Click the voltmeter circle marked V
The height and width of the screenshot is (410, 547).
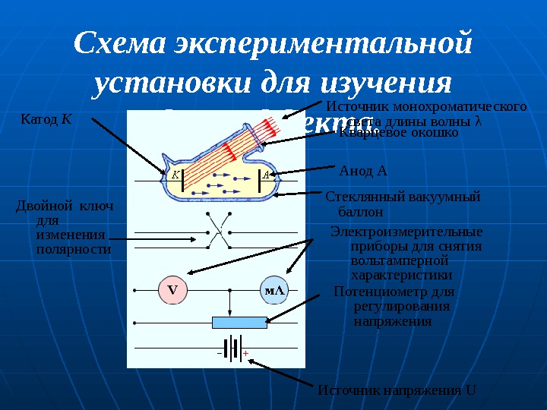click(x=172, y=290)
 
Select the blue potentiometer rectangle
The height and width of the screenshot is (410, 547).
click(x=239, y=322)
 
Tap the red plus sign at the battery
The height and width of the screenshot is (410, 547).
click(x=246, y=353)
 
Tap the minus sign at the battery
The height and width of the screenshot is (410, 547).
click(x=219, y=353)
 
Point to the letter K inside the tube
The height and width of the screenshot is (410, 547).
click(x=174, y=175)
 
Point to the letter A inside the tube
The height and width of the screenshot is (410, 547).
click(x=267, y=175)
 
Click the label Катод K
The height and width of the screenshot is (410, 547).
click(x=46, y=119)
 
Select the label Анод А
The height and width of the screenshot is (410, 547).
click(x=362, y=170)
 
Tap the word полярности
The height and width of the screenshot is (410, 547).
click(x=73, y=248)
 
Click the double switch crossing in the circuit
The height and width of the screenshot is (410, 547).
click(x=217, y=230)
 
